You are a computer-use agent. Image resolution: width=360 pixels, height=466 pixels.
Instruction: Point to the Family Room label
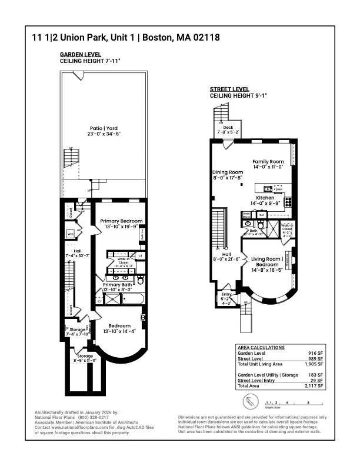[268, 161]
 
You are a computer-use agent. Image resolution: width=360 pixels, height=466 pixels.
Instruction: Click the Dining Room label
[228, 172]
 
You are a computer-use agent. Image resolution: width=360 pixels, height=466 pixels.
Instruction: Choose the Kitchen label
[265, 198]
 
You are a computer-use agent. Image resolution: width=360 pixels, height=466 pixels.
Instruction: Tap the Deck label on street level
[228, 127]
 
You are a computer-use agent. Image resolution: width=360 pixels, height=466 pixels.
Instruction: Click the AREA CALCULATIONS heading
[261, 348]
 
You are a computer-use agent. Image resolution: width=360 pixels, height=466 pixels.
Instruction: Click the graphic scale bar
[282, 404]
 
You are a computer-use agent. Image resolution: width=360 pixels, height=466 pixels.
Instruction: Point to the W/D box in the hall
[71, 234]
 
